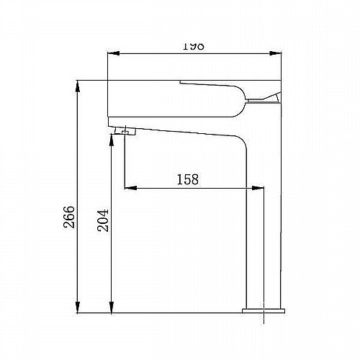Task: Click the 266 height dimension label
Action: tap(69, 217)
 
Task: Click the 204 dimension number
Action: tap(103, 220)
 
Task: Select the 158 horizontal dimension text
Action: tap(188, 179)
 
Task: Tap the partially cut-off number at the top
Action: tap(194, 46)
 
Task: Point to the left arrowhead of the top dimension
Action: tap(113, 53)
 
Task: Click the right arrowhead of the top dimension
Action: tap(275, 53)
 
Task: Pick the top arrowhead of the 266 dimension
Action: tap(77, 86)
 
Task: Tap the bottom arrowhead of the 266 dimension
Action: tap(77, 307)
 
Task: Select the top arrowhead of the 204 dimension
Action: tap(111, 140)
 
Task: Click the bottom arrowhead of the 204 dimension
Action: tap(111, 307)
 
